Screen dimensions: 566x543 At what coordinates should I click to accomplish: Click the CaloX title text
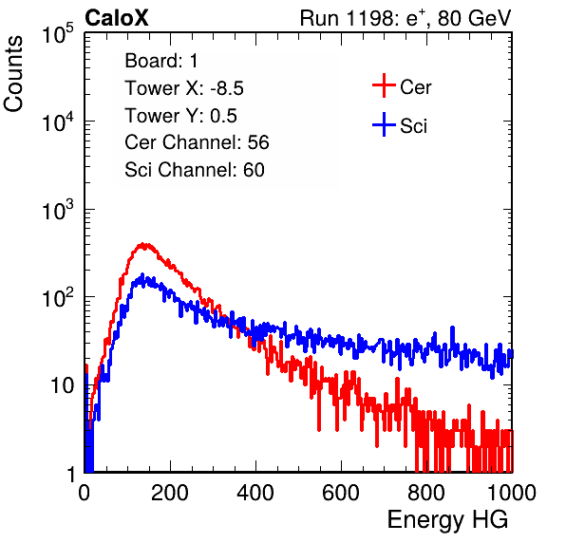(116, 18)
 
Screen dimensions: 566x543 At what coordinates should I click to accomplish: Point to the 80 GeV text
(474, 18)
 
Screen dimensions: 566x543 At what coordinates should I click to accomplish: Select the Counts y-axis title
(13, 73)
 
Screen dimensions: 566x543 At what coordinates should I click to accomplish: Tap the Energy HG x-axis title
(447, 520)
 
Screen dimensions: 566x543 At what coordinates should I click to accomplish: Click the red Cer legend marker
(384, 85)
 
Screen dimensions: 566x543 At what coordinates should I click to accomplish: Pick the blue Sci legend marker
(384, 124)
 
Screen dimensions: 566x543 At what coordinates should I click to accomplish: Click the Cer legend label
(415, 87)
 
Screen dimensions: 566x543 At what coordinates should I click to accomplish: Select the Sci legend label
(413, 126)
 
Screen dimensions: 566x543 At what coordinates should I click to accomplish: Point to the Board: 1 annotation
(161, 61)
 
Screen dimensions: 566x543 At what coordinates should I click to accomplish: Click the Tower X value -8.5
(227, 88)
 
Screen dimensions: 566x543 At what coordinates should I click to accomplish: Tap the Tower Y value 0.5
(223, 116)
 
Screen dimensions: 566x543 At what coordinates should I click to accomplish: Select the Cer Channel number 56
(258, 142)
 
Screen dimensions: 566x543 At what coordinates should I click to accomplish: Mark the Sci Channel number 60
(254, 170)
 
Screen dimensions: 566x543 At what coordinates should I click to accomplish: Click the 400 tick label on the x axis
(255, 493)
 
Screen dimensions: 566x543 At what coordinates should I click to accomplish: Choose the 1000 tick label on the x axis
(511, 493)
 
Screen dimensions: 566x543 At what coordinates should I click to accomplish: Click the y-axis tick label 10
(63, 386)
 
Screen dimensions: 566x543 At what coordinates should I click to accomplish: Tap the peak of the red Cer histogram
(142, 244)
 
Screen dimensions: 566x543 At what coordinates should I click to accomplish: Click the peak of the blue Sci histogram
(142, 275)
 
